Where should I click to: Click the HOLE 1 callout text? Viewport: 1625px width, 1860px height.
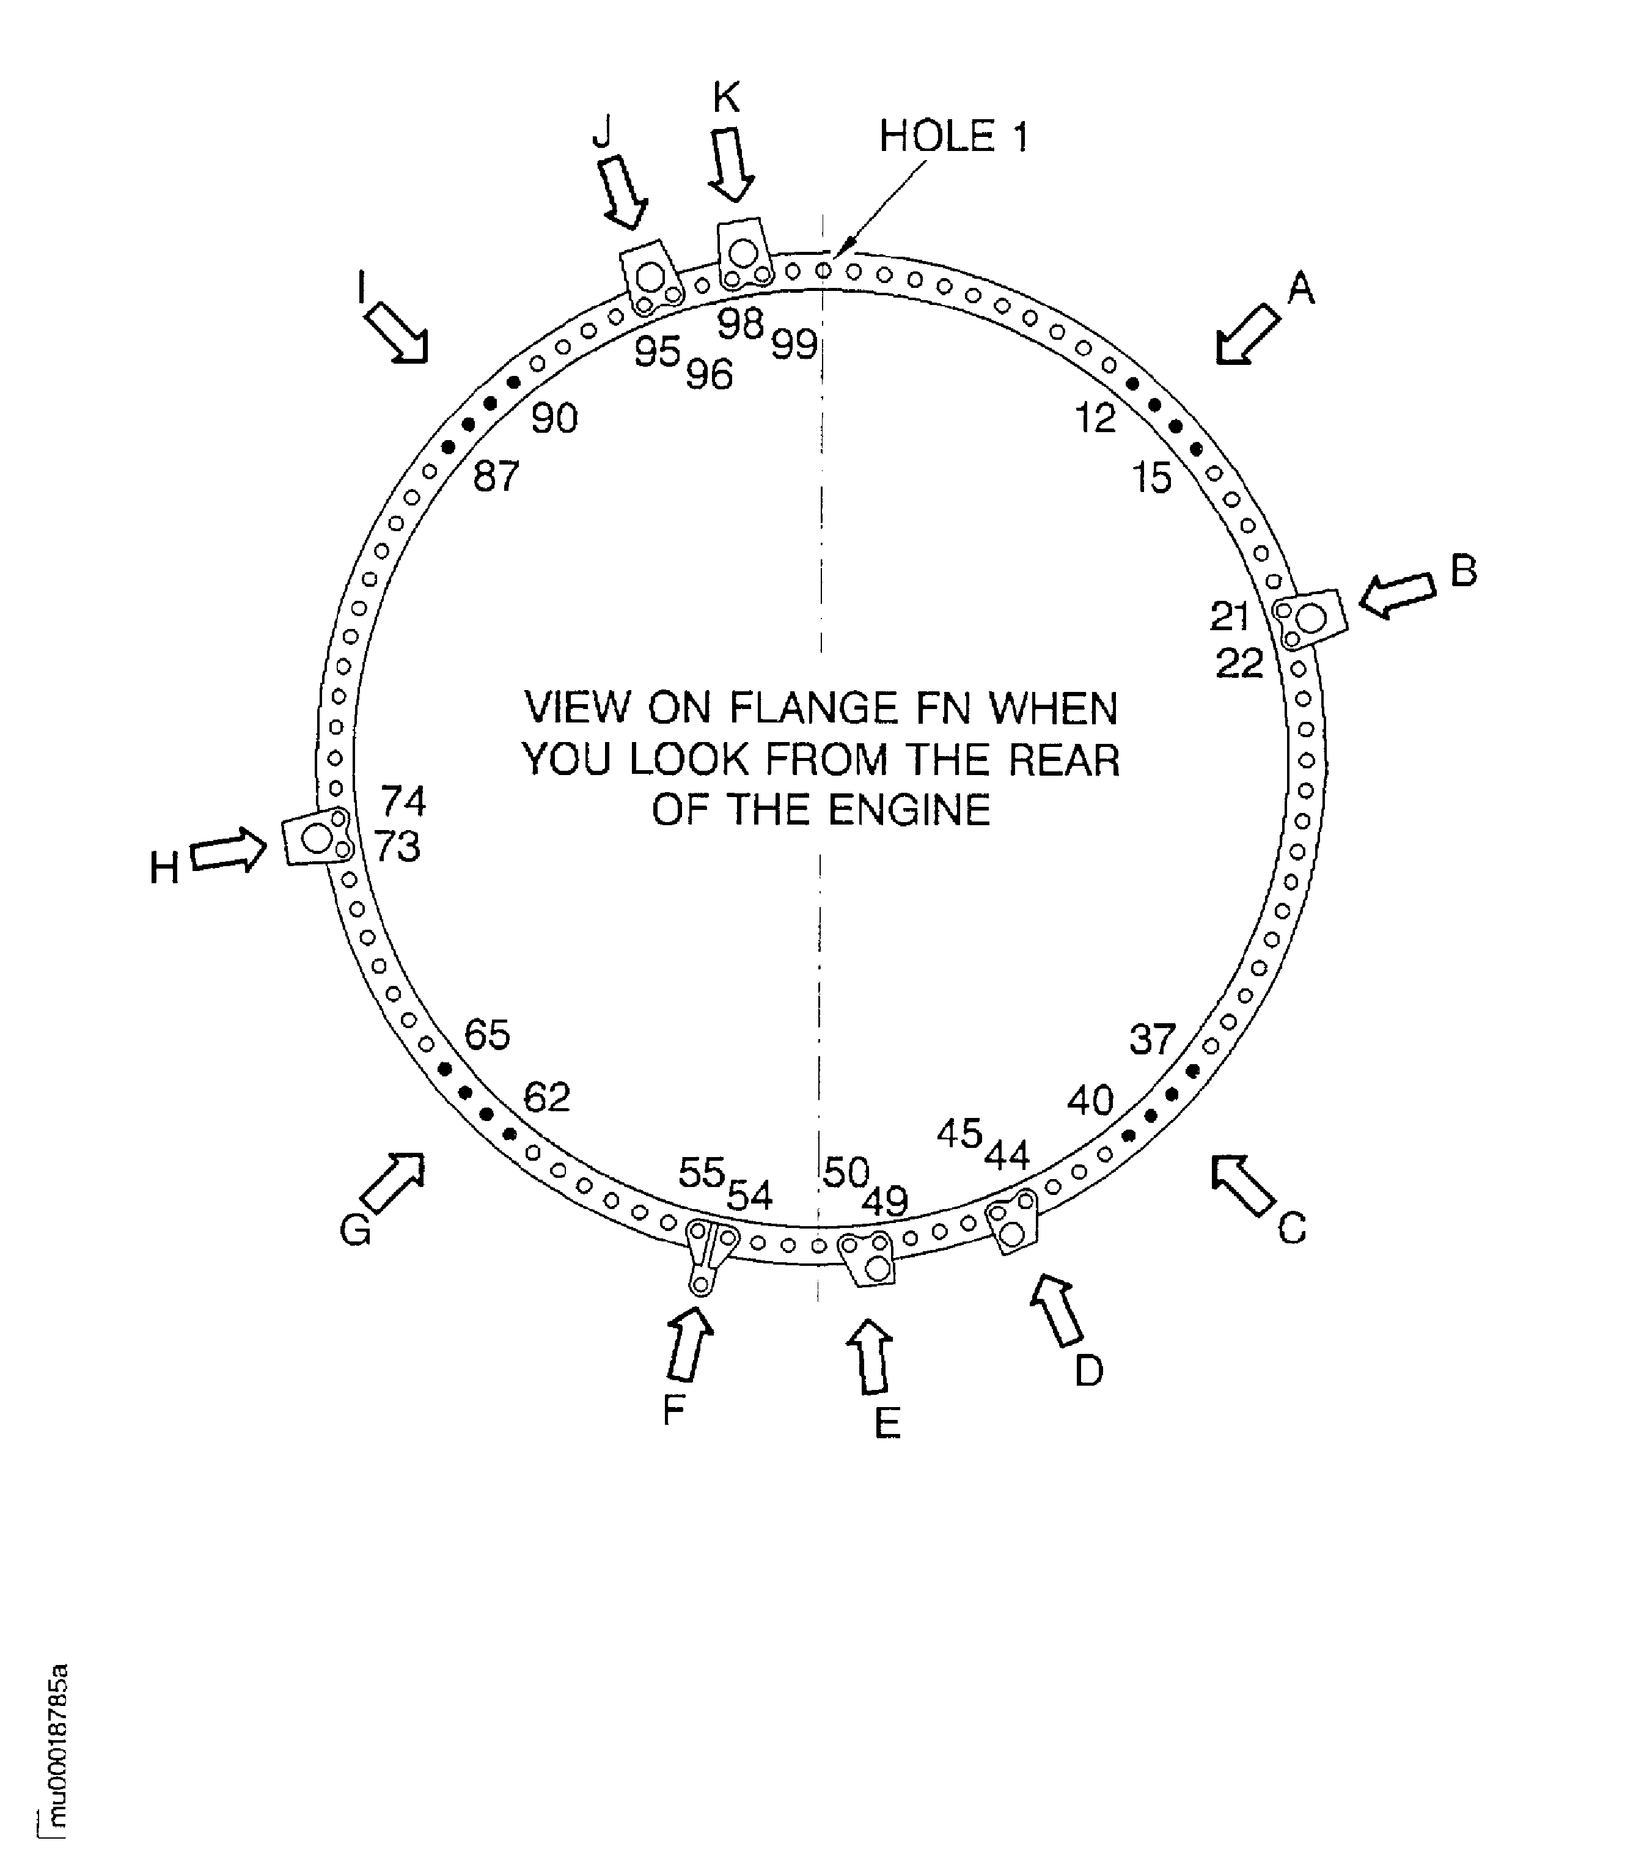tap(953, 137)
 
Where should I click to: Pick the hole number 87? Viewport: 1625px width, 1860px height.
tap(496, 476)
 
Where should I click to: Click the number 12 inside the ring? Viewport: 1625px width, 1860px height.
tap(1095, 418)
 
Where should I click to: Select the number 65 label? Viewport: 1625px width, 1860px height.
tap(487, 1035)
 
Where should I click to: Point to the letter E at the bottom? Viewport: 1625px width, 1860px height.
tap(887, 1423)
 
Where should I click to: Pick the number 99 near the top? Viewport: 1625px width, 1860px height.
tap(794, 345)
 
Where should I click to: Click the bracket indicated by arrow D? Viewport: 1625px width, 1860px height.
tap(1011, 1220)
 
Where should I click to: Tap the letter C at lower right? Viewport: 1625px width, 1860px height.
tap(1291, 1229)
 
